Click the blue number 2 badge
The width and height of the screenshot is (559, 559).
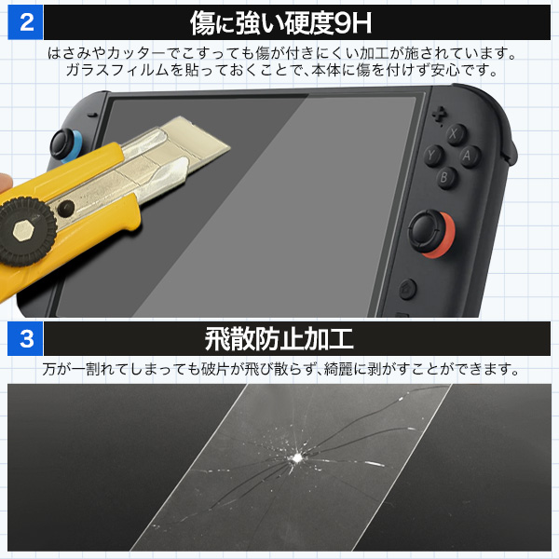click(25, 22)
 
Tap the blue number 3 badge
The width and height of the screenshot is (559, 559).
click(25, 338)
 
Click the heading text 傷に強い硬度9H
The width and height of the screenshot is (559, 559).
click(280, 22)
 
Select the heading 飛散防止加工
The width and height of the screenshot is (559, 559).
click(279, 339)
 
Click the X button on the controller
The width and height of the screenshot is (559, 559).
click(456, 134)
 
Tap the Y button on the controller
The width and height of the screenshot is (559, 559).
click(433, 156)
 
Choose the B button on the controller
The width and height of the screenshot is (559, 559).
click(445, 177)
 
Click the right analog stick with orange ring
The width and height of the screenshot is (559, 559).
click(430, 232)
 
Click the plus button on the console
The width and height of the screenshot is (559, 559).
click(439, 114)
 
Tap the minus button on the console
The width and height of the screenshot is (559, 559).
click(92, 116)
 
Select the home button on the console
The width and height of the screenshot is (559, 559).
click(407, 288)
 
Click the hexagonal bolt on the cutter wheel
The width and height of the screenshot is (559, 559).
click(23, 231)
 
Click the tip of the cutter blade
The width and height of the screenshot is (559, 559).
click(229, 146)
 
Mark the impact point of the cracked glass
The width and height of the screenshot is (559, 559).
click(296, 457)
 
